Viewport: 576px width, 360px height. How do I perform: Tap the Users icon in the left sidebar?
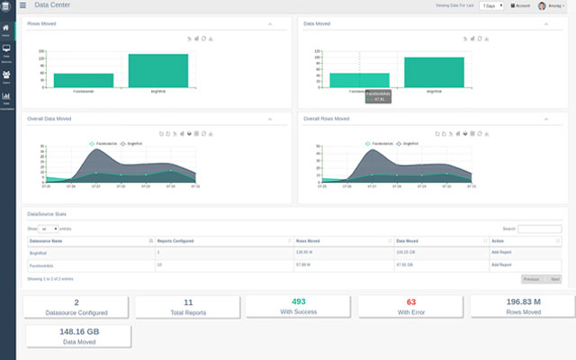(6, 76)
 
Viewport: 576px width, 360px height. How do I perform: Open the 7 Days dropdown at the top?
(490, 5)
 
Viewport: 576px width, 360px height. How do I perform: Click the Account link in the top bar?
(521, 5)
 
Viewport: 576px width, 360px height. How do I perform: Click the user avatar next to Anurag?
(542, 5)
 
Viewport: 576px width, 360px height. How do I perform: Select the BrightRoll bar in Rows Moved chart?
(157, 71)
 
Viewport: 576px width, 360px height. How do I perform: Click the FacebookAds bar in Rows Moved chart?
(83, 80)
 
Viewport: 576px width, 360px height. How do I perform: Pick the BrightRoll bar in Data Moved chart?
(434, 72)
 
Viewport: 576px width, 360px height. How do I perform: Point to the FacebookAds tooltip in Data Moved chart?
(375, 95)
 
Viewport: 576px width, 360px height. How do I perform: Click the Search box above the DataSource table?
(539, 229)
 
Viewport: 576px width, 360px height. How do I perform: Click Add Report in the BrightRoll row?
(501, 254)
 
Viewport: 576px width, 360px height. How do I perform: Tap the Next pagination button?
(554, 279)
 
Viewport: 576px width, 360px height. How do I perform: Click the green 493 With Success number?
(300, 301)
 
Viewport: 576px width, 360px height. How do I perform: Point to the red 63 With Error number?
(411, 301)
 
